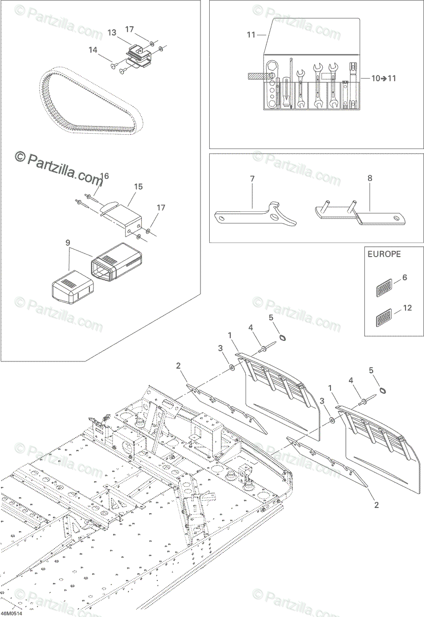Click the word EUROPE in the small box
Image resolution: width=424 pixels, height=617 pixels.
point(383,254)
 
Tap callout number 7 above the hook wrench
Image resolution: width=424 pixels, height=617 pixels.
point(252,178)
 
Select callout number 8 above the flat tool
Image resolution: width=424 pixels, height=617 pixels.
point(370,178)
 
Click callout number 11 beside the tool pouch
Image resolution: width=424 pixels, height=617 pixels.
point(251,35)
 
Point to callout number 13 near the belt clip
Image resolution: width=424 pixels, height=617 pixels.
point(112,32)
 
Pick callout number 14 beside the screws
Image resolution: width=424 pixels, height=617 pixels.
point(93,50)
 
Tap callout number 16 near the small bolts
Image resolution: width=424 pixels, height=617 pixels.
point(104,176)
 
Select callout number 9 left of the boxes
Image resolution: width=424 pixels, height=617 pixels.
point(66,242)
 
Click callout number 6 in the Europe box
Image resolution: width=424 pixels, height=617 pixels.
point(404,278)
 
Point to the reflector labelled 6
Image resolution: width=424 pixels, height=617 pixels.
point(385,288)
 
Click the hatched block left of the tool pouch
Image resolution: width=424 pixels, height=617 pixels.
point(255,76)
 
